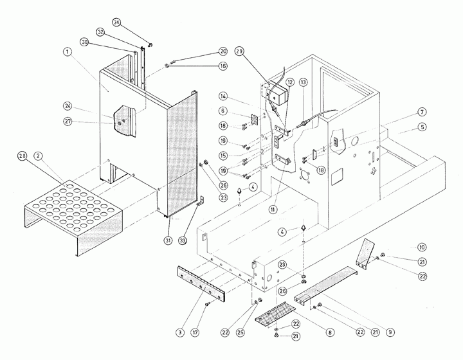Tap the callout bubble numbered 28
[x=23, y=156]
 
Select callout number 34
[x=116, y=22]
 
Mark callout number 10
[x=422, y=247]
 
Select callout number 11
[x=273, y=209]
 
